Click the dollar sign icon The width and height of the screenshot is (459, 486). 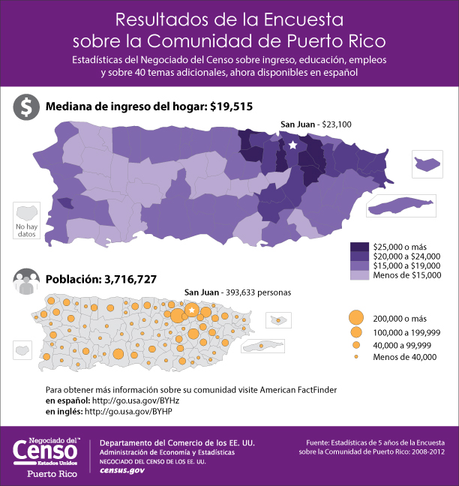click(x=26, y=107)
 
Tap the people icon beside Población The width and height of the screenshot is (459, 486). click(x=26, y=280)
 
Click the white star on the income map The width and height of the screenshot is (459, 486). click(x=292, y=145)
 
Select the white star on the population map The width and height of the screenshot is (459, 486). click(x=192, y=310)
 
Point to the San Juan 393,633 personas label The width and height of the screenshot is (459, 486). click(x=238, y=292)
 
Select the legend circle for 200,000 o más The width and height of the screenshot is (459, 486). click(x=356, y=317)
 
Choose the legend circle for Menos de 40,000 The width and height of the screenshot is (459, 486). click(x=356, y=357)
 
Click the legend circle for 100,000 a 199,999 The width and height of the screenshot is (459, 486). click(x=356, y=331)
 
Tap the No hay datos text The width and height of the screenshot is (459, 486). click(x=25, y=229)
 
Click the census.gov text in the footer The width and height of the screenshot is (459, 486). click(x=122, y=469)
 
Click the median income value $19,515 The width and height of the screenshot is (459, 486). click(x=231, y=106)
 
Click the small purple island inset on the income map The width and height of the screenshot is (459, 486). click(x=426, y=163)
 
